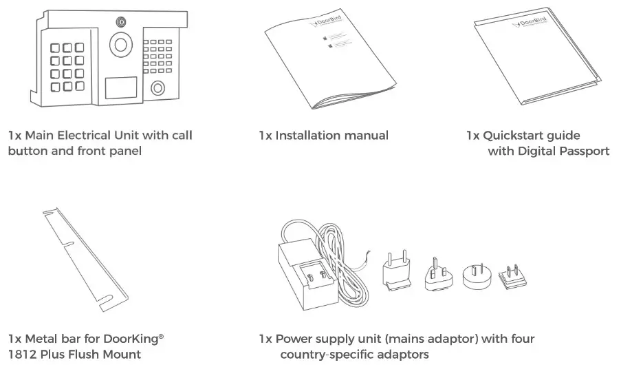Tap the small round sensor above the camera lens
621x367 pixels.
(122, 21)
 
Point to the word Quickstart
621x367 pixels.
(513, 136)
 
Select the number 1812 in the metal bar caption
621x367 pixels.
(23, 355)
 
